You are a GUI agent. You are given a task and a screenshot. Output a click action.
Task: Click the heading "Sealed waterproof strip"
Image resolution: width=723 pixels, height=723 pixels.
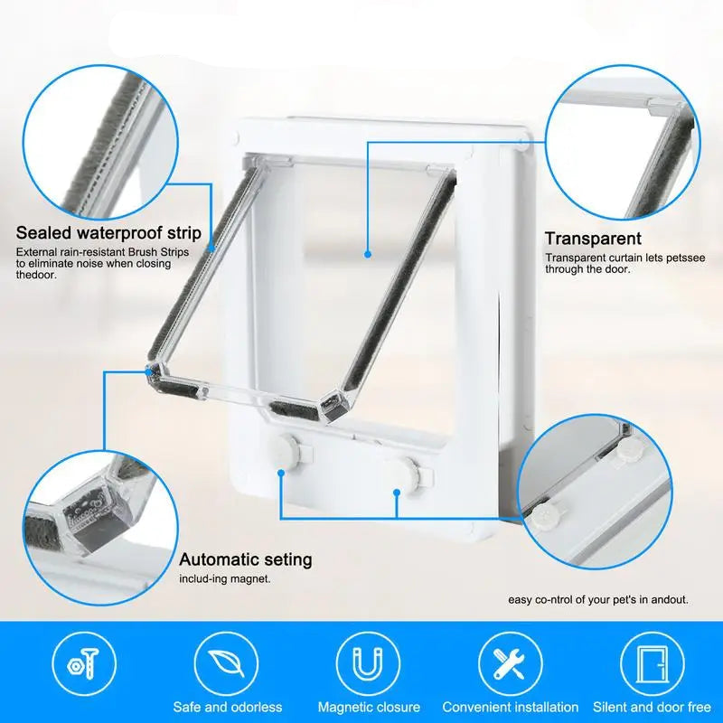tap(108, 233)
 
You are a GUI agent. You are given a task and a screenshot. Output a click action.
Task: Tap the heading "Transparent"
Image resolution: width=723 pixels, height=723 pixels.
tap(593, 239)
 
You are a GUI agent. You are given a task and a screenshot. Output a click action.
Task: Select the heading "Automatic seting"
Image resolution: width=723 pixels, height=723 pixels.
tap(246, 559)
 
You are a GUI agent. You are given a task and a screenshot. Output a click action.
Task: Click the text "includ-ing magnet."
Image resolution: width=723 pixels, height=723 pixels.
tap(225, 578)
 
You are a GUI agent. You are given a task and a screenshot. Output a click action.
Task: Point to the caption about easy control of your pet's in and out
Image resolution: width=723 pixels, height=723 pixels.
tap(598, 600)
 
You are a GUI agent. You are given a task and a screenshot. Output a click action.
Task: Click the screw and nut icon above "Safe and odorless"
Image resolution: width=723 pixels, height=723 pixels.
tap(84, 663)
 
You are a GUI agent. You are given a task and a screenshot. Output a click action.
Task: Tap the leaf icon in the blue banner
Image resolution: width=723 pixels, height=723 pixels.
tap(226, 663)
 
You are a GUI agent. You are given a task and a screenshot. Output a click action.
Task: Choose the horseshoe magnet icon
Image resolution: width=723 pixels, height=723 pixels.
tap(368, 663)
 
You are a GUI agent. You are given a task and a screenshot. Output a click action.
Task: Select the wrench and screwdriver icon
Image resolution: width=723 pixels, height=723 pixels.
tap(510, 663)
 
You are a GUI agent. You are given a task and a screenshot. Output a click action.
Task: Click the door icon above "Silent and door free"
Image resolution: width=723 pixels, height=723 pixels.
tap(652, 663)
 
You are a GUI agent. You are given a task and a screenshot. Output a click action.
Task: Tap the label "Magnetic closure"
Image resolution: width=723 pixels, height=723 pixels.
tap(369, 708)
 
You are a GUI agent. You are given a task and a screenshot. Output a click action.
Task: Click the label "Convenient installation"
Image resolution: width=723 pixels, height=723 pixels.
tap(510, 708)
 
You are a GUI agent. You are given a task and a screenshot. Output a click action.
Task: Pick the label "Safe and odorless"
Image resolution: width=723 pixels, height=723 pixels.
tap(228, 708)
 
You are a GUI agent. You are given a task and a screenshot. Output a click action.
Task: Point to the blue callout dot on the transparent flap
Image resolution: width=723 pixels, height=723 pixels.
tap(368, 254)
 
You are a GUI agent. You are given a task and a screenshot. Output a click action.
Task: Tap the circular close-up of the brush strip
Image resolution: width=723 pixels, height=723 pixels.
tap(100, 143)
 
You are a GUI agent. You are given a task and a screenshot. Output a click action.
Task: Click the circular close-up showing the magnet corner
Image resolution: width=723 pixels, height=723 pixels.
tap(100, 529)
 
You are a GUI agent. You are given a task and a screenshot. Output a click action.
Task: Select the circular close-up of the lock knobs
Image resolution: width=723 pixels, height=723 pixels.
tap(595, 492)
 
